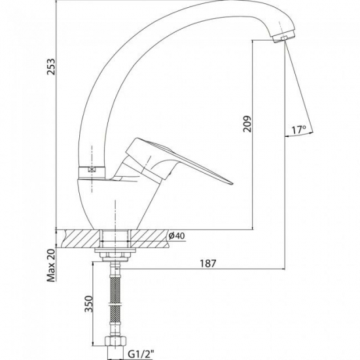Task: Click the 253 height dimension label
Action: pos(51,67)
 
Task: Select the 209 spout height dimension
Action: pos(247,124)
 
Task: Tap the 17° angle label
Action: pos(299,130)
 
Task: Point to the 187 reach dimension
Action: pos(208,264)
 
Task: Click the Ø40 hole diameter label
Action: pos(177,236)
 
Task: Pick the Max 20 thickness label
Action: pos(51,265)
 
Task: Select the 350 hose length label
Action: pos(88,304)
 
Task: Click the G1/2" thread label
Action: pos(141,355)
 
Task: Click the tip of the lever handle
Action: pos(232,184)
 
